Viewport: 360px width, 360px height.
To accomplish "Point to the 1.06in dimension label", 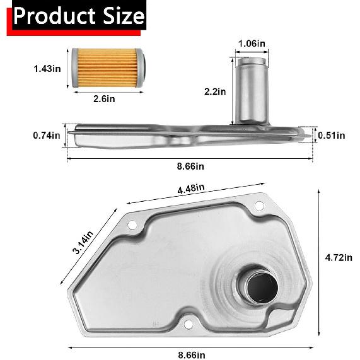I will [x=252, y=44].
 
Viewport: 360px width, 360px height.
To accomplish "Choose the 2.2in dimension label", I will [x=214, y=91].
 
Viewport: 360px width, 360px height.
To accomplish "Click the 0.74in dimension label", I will [x=47, y=135].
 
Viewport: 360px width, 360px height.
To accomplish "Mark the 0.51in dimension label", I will [x=332, y=135].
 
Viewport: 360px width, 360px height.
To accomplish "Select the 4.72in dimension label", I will [x=339, y=257].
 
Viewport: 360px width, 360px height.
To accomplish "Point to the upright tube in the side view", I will [x=251, y=91].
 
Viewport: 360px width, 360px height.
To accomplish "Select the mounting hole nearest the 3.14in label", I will [x=132, y=225].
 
